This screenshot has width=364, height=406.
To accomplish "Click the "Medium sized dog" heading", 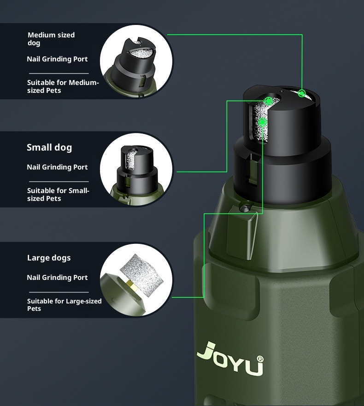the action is click(x=51, y=39).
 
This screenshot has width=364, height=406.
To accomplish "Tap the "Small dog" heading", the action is click(x=49, y=147).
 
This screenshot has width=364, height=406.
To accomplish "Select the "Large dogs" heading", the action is click(x=49, y=258).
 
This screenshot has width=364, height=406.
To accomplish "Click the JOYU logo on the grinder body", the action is click(x=230, y=358).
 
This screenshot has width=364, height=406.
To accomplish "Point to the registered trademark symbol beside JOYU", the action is click(x=260, y=359).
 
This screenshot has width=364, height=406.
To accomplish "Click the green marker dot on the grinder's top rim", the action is click(x=301, y=93).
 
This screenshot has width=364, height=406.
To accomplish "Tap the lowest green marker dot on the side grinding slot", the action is click(x=263, y=122).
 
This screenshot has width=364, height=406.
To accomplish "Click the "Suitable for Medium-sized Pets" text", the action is click(x=63, y=86).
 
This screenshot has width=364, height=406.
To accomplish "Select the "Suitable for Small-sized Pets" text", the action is click(x=58, y=194).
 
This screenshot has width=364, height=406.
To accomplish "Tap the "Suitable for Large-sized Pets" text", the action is click(x=65, y=305).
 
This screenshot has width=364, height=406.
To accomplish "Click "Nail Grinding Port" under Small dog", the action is click(x=57, y=167).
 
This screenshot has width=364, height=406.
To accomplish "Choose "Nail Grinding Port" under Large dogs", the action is click(x=57, y=278).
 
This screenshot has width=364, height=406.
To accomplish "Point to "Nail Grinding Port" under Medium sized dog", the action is click(x=57, y=59).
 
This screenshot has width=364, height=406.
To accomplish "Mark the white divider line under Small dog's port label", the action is click(x=59, y=182).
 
